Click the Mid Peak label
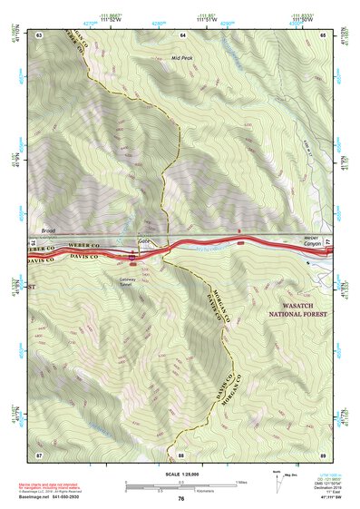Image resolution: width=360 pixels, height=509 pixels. point(182,57)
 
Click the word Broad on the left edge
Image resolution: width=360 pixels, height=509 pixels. point(48,231)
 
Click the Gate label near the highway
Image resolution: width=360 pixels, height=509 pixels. point(142,240)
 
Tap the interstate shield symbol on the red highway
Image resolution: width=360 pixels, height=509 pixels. point(134,258)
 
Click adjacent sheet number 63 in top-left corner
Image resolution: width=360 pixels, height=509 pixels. point(40,34)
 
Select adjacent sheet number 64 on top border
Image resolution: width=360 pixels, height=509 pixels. point(182,34)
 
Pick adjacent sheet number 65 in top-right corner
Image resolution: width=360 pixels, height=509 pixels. point(324,34)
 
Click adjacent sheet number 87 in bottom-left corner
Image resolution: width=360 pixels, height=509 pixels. point(40,454)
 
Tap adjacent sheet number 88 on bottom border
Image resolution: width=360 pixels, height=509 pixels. point(181,454)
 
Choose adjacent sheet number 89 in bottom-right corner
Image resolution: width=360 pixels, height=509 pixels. point(324,454)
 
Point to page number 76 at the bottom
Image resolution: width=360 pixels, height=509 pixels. point(181,498)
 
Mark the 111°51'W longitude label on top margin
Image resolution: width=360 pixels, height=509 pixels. point(207,17)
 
